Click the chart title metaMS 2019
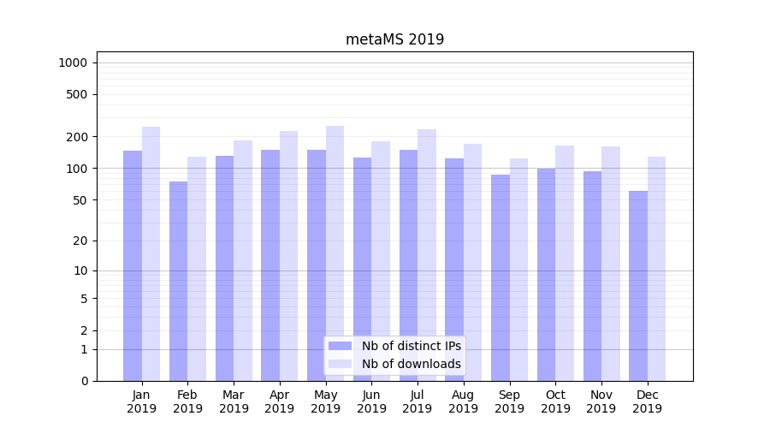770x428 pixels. [x=394, y=39]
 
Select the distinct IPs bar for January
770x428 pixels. [x=133, y=265]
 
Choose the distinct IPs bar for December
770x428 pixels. [x=638, y=286]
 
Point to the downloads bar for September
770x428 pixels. [x=518, y=270]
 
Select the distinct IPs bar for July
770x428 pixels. [x=408, y=265]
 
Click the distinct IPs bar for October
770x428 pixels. [x=546, y=274]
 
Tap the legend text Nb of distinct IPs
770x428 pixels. [x=412, y=346]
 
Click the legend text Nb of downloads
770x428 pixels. [x=412, y=364]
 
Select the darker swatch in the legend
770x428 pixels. [x=341, y=346]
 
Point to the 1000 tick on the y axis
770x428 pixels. [x=73, y=62]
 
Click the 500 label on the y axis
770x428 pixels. [x=76, y=94]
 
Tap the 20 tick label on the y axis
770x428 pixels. [x=80, y=241]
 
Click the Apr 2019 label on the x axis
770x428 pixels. [x=280, y=401]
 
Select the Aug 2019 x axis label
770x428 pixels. [x=464, y=401]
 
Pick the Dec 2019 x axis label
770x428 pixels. [x=647, y=401]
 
